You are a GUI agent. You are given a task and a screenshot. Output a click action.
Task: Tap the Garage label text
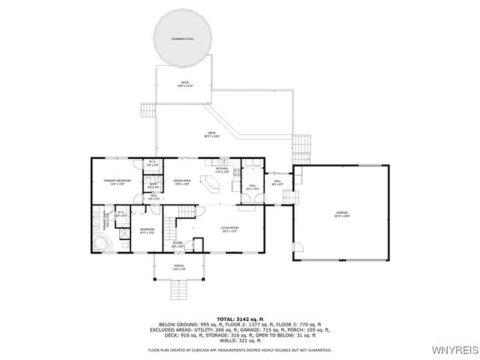point(343,214)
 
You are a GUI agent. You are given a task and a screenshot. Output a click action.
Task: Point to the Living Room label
point(229,228)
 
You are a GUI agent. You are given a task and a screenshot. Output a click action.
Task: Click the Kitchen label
point(222,170)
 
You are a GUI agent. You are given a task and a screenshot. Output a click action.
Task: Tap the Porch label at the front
point(179,267)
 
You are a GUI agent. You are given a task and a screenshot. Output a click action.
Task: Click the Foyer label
point(178,244)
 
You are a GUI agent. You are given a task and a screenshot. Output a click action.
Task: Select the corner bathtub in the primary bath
point(99,243)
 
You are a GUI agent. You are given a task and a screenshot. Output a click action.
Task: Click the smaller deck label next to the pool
point(184,84)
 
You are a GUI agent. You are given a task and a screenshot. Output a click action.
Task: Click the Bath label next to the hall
point(153,185)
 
